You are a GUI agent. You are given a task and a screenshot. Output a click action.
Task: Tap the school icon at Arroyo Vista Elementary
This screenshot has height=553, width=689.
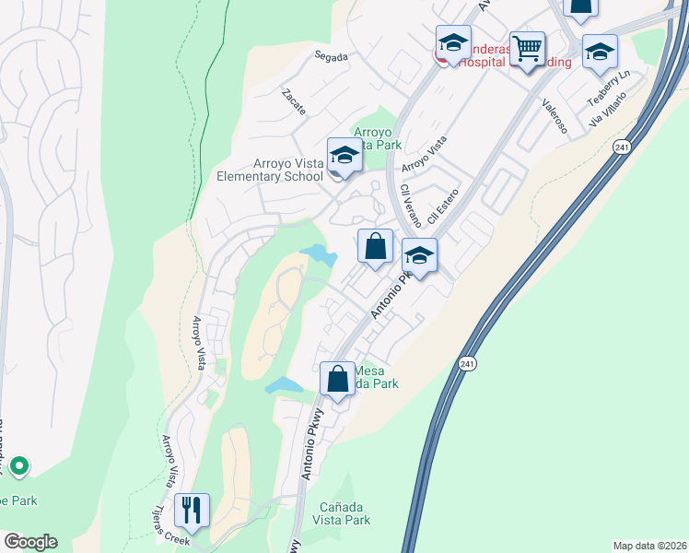[344, 156]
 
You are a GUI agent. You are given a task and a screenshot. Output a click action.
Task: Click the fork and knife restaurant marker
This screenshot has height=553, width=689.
[192, 510]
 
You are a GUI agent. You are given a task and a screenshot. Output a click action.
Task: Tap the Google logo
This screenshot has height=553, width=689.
[30, 542]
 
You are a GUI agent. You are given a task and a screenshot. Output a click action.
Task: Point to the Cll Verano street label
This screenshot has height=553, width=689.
[411, 206]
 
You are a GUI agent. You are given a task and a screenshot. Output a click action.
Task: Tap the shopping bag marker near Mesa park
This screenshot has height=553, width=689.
[338, 379]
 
